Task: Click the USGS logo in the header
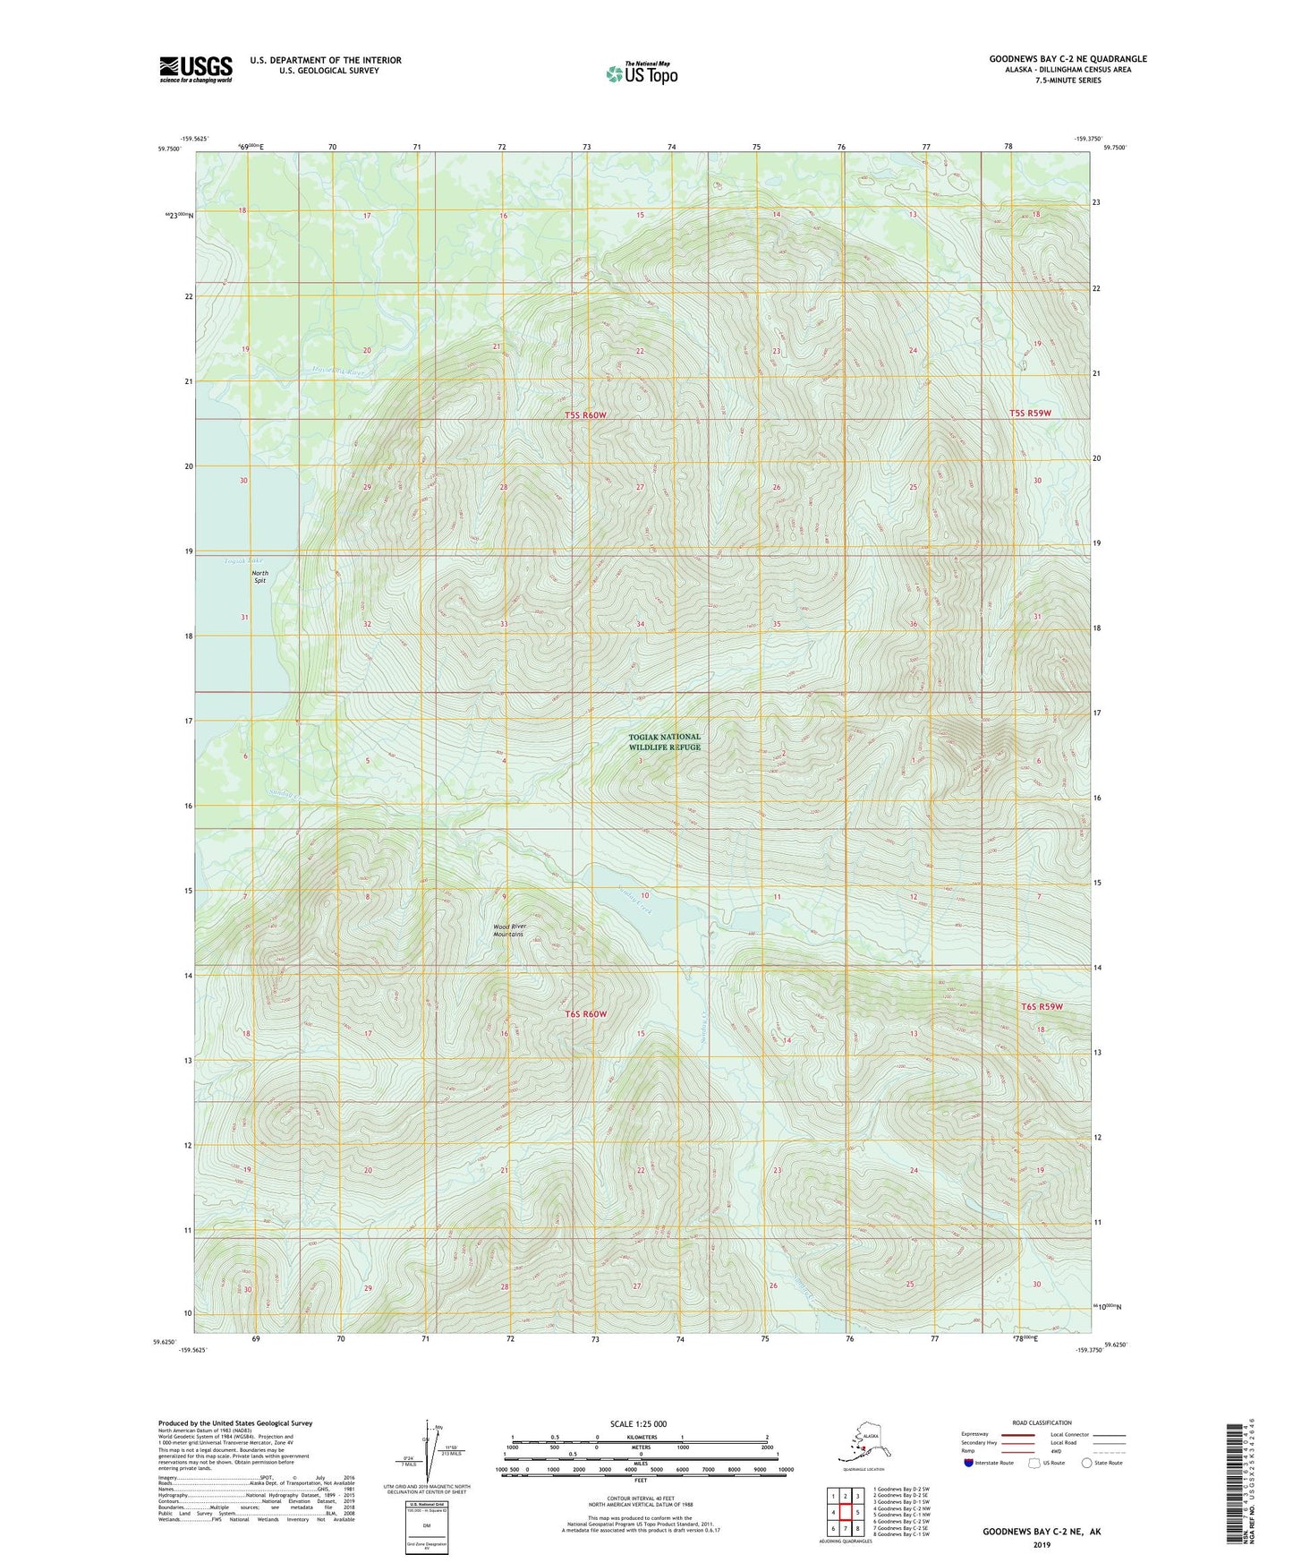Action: [196, 69]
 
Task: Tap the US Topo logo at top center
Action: [641, 73]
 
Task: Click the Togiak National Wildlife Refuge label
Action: [664, 742]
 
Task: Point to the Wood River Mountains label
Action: [507, 931]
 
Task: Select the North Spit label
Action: [259, 577]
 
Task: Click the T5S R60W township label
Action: [586, 415]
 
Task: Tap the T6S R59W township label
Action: [1042, 1007]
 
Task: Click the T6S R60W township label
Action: [586, 1014]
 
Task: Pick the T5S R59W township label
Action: [1030, 413]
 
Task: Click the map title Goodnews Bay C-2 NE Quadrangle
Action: [1068, 59]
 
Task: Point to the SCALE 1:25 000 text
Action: [638, 1424]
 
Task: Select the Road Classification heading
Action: [1042, 1422]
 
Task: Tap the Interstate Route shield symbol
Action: [969, 1463]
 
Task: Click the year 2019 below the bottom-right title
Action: [1042, 1544]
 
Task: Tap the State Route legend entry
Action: [1102, 1463]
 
